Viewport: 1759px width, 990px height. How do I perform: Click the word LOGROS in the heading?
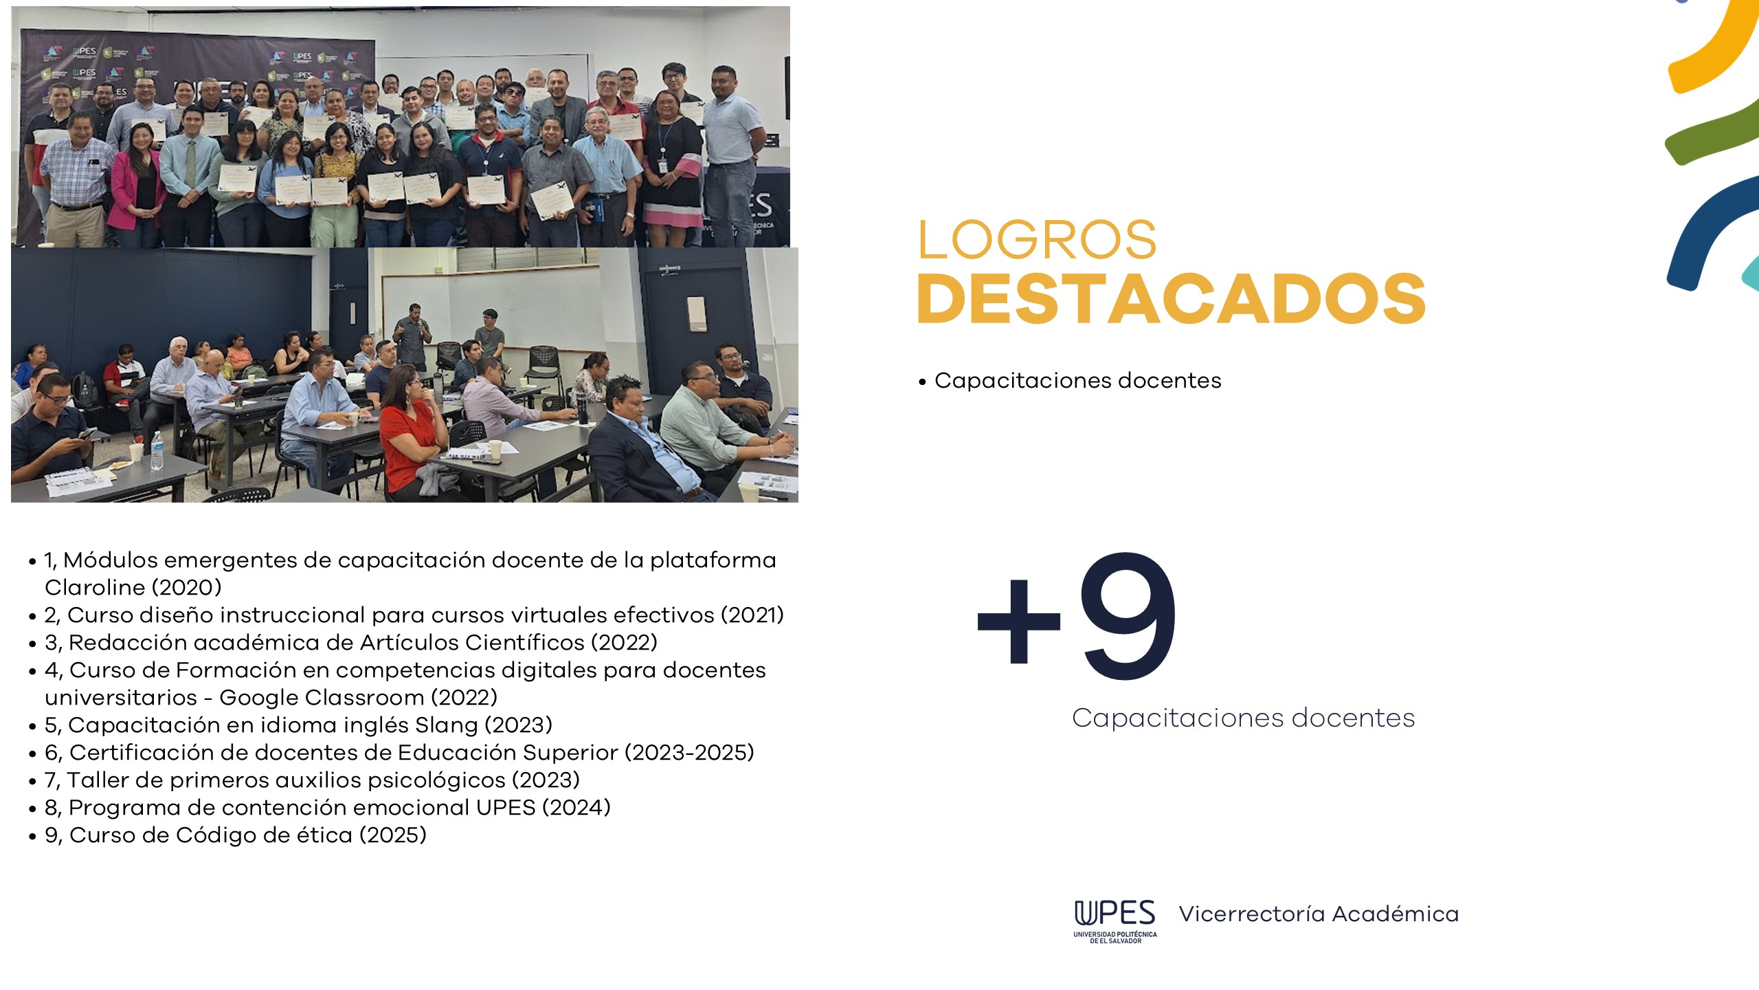tap(1037, 240)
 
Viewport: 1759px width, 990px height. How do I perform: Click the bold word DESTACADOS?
tap(1172, 298)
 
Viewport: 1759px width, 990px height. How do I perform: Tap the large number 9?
tap(1128, 615)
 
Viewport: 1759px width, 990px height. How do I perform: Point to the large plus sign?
tap(1019, 621)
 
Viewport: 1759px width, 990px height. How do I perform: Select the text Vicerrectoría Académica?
tap(1319, 914)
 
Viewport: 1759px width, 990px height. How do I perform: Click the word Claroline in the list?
tap(95, 587)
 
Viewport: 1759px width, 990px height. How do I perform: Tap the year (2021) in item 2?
tap(752, 615)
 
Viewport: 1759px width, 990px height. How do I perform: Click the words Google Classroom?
tap(322, 697)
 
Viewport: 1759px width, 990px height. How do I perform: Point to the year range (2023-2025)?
tap(689, 752)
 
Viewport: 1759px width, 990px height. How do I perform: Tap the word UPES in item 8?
tap(506, 807)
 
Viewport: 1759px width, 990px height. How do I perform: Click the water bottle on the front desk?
tap(157, 451)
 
